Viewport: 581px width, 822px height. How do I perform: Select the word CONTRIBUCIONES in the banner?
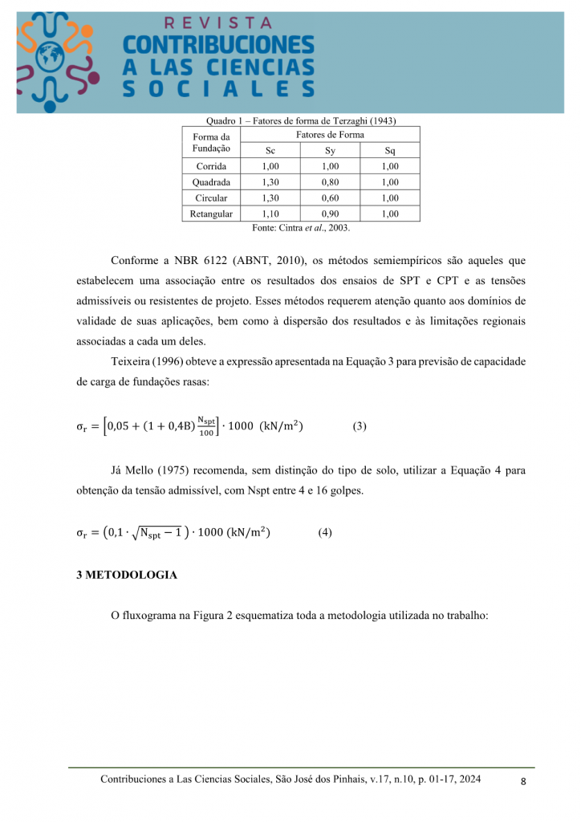[218, 45]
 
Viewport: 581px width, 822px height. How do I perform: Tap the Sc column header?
[270, 150]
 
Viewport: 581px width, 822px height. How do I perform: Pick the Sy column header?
[330, 150]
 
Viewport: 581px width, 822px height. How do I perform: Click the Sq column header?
[390, 150]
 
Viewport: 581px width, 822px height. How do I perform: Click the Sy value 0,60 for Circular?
[330, 198]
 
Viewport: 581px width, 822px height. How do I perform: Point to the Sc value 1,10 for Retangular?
[270, 214]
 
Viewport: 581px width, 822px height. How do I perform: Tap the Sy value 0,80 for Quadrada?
[330, 182]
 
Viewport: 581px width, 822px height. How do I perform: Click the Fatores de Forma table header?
[330, 135]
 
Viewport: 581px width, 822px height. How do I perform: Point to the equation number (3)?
[360, 426]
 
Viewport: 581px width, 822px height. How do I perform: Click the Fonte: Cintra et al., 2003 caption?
[301, 228]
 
